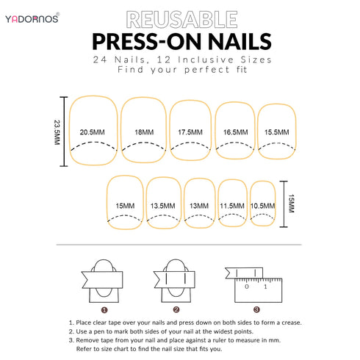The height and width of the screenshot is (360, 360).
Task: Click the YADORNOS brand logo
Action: (x=32, y=18)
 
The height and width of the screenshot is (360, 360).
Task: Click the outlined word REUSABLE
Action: (x=181, y=20)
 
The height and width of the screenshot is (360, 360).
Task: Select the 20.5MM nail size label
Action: (x=92, y=132)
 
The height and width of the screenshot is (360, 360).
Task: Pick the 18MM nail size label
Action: (x=144, y=132)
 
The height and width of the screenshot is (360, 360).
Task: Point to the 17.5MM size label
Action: (x=190, y=132)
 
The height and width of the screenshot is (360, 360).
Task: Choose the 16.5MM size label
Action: (x=235, y=132)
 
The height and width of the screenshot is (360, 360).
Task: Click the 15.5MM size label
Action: (x=277, y=132)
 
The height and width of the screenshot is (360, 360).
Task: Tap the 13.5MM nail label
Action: (x=163, y=206)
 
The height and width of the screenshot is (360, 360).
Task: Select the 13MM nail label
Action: (x=199, y=206)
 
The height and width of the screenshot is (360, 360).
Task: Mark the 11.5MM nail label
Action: (x=232, y=206)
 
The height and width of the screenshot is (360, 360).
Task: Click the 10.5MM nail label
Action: (x=262, y=206)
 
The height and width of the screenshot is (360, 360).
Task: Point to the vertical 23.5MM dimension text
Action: (x=57, y=132)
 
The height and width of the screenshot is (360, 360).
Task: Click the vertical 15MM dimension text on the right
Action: (x=291, y=204)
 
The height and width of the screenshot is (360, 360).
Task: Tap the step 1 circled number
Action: (x=104, y=310)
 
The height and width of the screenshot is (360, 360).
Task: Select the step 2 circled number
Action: (x=176, y=310)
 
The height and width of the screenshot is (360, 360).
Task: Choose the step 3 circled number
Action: (x=256, y=310)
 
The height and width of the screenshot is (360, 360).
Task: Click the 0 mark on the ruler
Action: (x=247, y=287)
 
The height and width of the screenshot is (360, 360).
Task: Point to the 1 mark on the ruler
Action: (x=265, y=287)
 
